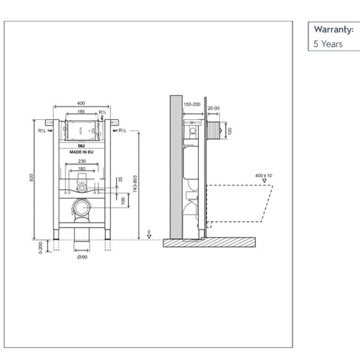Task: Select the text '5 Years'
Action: [x=327, y=44]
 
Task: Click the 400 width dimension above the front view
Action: [x=80, y=103]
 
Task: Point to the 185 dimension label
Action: [x=80, y=112]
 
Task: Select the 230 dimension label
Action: [x=81, y=161]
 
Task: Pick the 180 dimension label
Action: [x=81, y=169]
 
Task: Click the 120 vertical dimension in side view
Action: [x=229, y=129]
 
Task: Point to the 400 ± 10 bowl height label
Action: [x=262, y=175]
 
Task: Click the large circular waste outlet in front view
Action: [x=81, y=208]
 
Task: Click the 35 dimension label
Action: [x=121, y=180]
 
